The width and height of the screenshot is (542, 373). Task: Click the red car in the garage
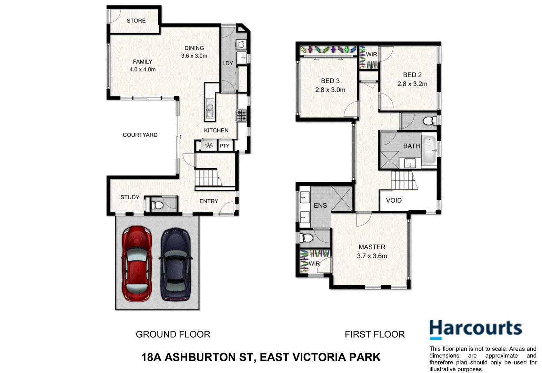coord(137,264)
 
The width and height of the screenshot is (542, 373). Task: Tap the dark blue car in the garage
coord(175,264)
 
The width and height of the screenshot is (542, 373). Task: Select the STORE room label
coord(136,21)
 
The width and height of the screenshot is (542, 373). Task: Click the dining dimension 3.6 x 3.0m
coord(194,56)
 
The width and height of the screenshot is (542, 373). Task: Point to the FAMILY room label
coord(142,62)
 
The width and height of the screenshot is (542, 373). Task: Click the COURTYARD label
coord(140,135)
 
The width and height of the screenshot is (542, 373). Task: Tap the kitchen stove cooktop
coord(241,115)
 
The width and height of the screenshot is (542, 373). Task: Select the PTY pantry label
coord(224,146)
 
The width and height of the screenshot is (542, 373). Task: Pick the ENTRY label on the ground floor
coord(209,201)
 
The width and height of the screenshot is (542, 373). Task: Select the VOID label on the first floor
coord(393,201)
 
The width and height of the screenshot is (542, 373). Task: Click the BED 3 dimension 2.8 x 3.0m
coord(330,90)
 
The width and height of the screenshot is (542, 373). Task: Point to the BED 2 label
coord(412,75)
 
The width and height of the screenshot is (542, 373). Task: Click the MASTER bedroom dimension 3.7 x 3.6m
coord(372,256)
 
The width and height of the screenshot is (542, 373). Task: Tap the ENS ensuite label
coord(320,205)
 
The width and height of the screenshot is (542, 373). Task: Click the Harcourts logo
coord(475,329)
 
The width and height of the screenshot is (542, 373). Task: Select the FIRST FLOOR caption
coord(374,334)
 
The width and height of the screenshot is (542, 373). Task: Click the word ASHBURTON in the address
coord(200,357)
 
